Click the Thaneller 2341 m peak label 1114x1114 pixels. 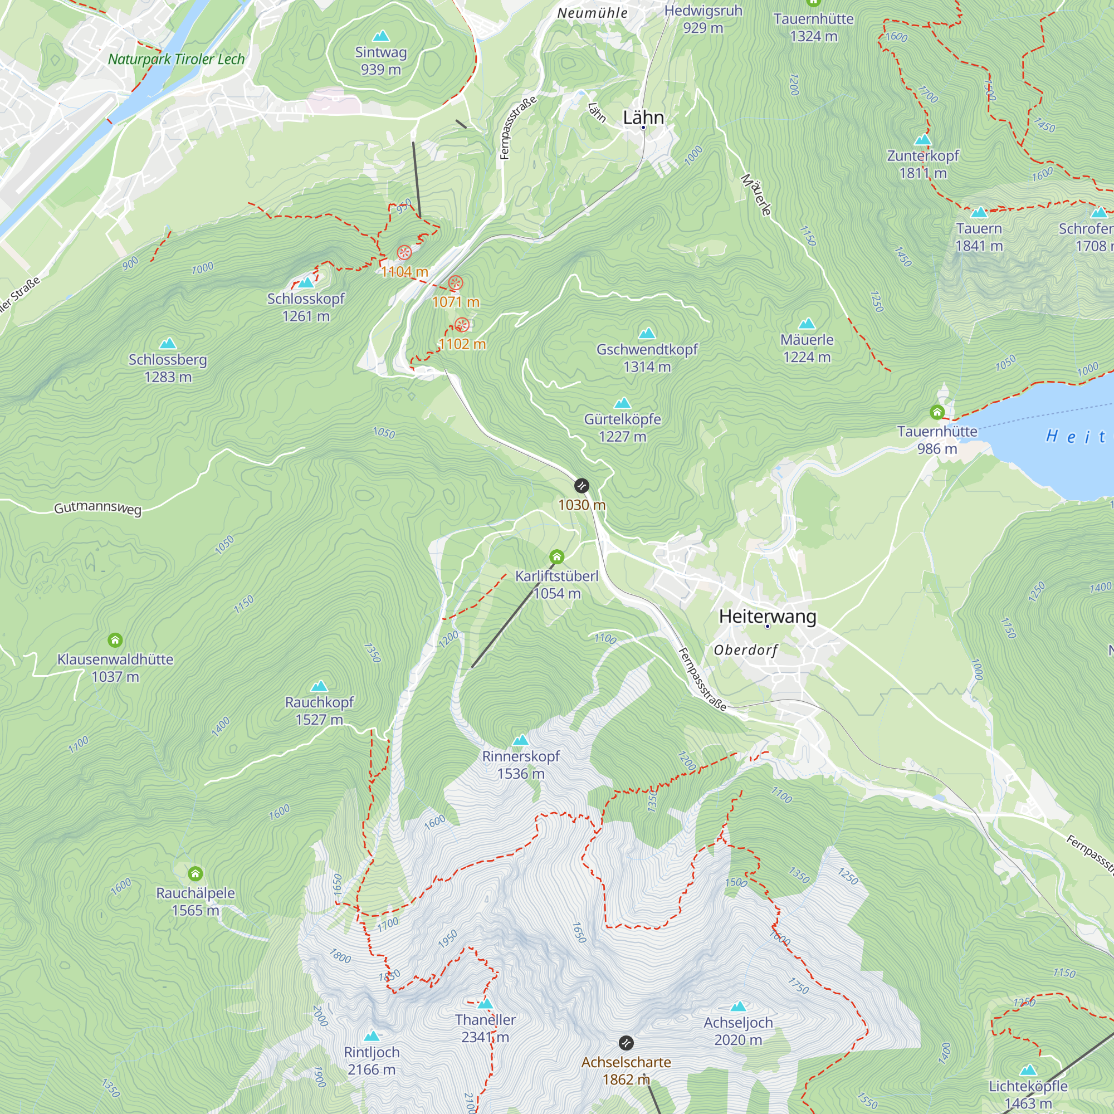pos(485,1028)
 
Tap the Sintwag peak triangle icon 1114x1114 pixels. pos(380,37)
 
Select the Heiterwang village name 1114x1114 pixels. pos(768,616)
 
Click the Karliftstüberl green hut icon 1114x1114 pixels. pos(556,557)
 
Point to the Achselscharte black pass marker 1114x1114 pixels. pos(626,1043)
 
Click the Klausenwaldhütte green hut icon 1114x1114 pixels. pos(115,640)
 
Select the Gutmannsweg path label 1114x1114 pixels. pos(97,508)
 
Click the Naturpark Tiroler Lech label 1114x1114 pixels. pos(177,60)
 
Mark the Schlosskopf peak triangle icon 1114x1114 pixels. pos(306,282)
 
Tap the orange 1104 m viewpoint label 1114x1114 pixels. pos(404,272)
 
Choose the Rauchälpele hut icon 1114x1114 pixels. pos(196,873)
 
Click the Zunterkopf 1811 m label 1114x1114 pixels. pos(922,164)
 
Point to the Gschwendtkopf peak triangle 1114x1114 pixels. pos(647,333)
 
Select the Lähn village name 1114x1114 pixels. pos(643,118)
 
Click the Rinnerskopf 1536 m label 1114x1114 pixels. pos(521,765)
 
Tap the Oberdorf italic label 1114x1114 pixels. pos(746,650)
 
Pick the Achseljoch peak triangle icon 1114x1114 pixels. pos(738,1006)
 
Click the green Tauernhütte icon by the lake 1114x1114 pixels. pos(937,412)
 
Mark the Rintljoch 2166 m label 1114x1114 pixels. pos(372,1061)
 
